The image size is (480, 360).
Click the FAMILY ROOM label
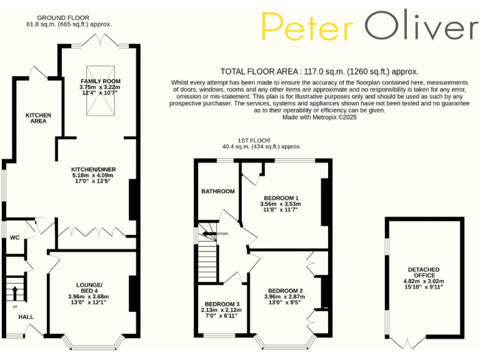point(100,81)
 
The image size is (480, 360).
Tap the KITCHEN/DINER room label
point(94,169)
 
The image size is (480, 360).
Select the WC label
point(15,237)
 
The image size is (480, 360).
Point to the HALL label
point(26,317)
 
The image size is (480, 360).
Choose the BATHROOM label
point(217,191)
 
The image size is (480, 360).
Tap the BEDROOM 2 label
point(286,291)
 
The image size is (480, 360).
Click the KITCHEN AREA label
point(38,118)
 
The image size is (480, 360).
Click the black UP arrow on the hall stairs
point(15,292)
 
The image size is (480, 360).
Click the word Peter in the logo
point(307,27)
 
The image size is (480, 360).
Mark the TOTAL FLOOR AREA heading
point(319,72)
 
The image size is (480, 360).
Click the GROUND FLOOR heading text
point(62,17)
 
